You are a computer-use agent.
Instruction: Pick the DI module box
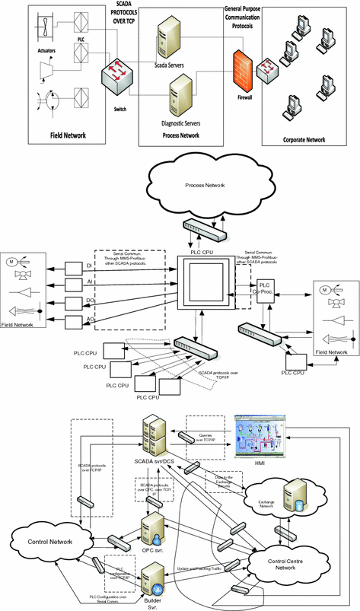(73, 266)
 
